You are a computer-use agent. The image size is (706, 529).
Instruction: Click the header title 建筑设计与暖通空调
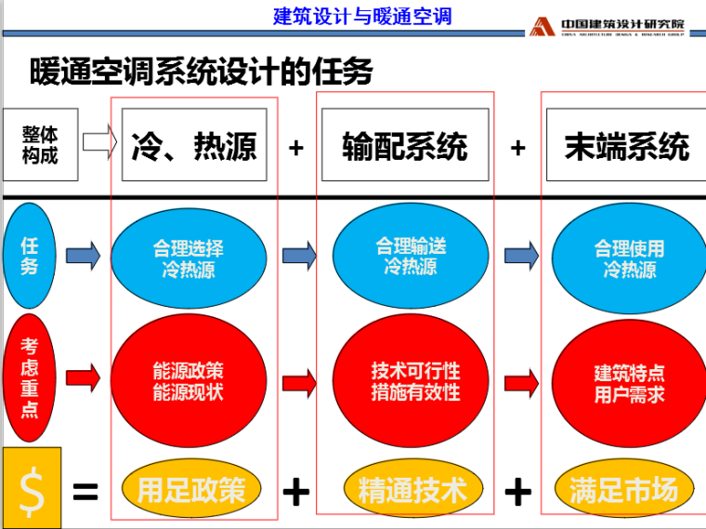point(362,16)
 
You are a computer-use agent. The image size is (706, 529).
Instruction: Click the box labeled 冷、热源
point(194,145)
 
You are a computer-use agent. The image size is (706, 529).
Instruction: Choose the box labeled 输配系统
point(405,145)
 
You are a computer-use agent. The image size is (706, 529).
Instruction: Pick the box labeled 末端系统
point(626,145)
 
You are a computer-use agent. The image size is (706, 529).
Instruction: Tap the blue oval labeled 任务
point(31,254)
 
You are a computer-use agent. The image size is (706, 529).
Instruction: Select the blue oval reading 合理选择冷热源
point(189,259)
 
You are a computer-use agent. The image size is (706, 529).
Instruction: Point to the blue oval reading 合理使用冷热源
point(629,259)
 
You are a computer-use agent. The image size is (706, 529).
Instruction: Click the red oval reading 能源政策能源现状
point(189,381)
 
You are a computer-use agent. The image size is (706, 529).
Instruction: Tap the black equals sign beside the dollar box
point(85,491)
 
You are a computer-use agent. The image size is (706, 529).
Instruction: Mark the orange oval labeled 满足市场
point(624,489)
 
